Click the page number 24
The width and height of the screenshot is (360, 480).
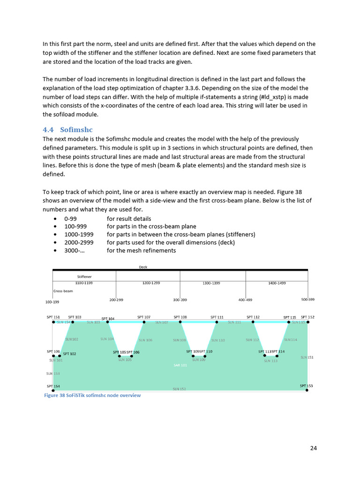(x=314, y=448)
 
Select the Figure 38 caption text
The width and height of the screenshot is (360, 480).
(x=92, y=395)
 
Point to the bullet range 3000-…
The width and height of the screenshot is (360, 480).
(x=75, y=250)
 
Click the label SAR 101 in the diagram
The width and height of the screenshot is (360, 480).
(x=180, y=365)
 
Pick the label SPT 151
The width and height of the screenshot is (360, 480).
(x=53, y=317)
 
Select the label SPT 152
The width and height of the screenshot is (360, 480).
(x=307, y=317)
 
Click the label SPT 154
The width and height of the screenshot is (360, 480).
(x=53, y=386)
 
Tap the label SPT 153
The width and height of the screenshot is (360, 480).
(x=306, y=386)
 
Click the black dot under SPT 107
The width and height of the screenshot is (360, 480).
(x=144, y=322)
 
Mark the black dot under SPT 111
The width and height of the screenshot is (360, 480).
(x=217, y=322)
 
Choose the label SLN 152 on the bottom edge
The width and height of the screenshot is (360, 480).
(x=179, y=389)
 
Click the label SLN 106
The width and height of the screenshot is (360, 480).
(x=145, y=340)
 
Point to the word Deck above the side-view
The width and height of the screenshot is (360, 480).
(x=143, y=267)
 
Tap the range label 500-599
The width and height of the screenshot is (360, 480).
(x=307, y=299)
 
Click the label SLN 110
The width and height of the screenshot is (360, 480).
(x=218, y=340)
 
